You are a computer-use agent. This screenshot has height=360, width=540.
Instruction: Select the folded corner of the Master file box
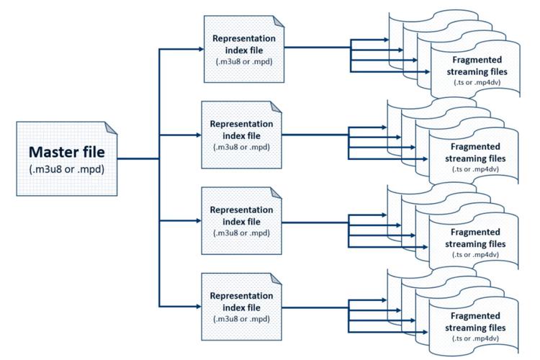tap(110, 127)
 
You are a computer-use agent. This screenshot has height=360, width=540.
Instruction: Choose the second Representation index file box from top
tap(243, 134)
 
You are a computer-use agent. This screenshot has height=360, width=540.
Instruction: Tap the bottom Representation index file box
tap(243, 305)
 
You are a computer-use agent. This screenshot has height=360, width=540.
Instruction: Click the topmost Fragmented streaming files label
tap(480, 67)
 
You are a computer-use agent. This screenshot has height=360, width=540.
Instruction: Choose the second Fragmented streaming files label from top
tap(480, 153)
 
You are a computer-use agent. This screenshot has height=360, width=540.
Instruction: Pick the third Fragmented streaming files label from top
tap(480, 238)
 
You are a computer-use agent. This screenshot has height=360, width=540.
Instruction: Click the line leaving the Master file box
tap(137, 158)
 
